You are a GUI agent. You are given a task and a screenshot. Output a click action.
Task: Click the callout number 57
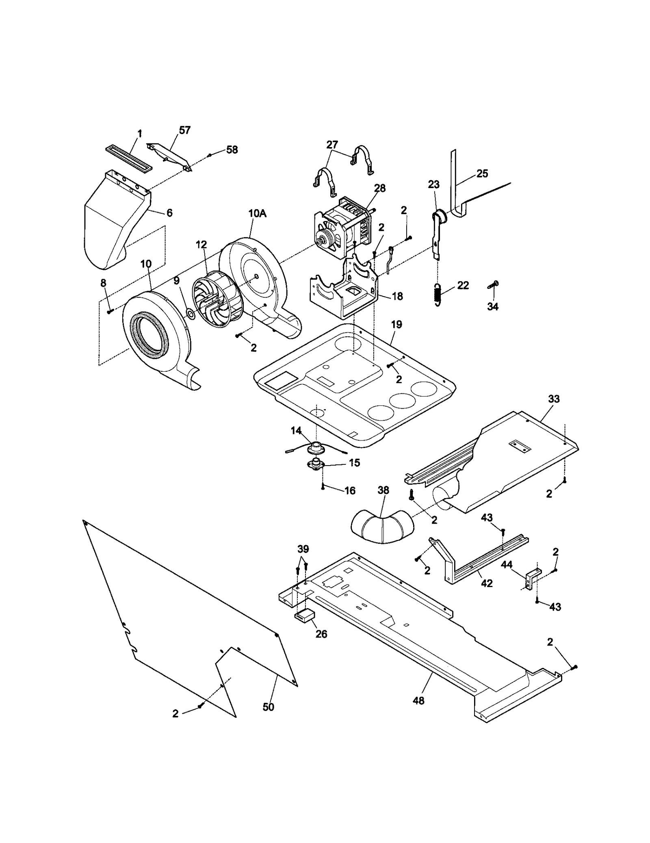(x=184, y=130)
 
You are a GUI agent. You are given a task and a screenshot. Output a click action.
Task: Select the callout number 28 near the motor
(x=380, y=188)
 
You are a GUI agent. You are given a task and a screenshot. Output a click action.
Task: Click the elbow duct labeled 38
(x=382, y=526)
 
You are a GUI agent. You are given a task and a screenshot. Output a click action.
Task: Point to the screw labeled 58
(x=210, y=155)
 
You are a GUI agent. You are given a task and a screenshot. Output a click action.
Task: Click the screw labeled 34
(x=492, y=285)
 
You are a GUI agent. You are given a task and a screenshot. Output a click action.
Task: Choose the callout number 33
(x=554, y=399)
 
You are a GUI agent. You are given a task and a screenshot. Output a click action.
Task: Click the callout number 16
(x=349, y=491)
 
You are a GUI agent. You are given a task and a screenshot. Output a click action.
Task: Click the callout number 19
(x=396, y=324)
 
